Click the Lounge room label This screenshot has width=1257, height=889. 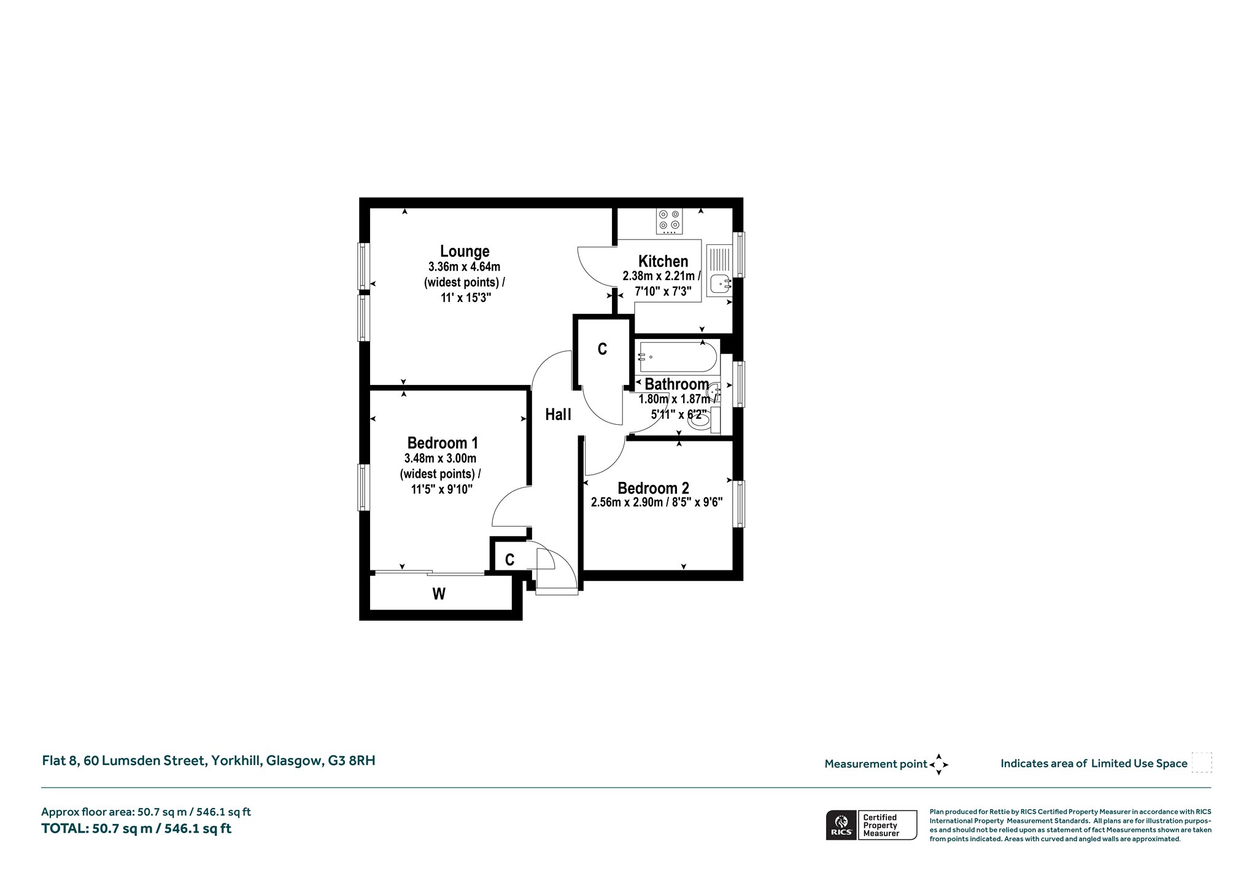point(465,251)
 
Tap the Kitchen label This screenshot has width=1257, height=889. point(663,261)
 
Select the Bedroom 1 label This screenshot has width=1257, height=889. point(443,443)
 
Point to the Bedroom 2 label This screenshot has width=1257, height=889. point(653,488)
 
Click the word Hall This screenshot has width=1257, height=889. point(558,414)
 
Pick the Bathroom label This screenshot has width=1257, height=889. point(676,384)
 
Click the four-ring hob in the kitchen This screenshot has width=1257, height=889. point(669,222)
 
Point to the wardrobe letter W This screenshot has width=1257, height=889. point(439,594)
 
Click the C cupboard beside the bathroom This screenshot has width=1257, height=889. point(603,349)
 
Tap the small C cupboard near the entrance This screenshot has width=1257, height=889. point(509,560)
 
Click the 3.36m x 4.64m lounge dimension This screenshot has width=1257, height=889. point(465,267)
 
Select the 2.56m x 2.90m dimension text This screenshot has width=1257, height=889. point(627,502)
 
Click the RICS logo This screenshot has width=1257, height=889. point(840,825)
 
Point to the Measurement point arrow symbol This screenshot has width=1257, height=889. point(938,764)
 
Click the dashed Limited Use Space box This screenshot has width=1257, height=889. point(1202,763)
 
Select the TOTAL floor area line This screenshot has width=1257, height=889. point(136,829)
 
